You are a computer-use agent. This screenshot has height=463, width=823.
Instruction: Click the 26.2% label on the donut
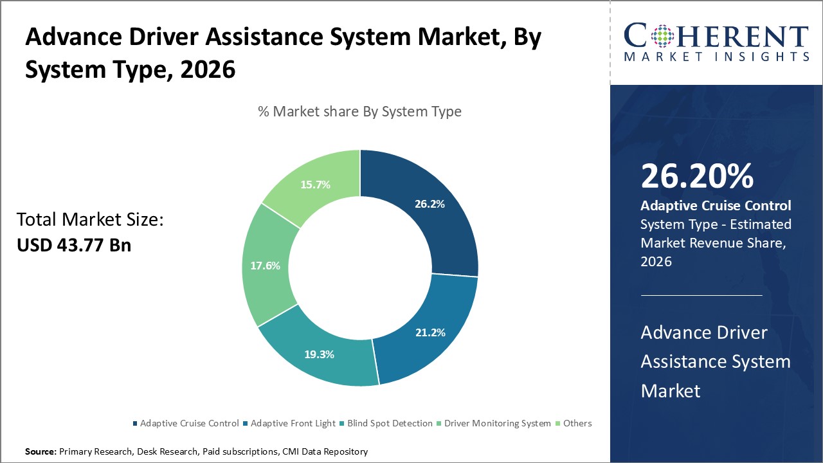tap(428, 204)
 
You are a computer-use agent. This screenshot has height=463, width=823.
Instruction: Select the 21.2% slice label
tap(429, 332)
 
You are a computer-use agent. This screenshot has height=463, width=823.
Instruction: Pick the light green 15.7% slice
tap(315, 185)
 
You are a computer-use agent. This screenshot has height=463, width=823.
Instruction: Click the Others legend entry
tap(577, 423)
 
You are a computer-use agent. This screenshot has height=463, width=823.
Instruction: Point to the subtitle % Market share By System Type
tap(359, 111)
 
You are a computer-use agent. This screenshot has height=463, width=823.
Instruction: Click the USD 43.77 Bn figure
tap(74, 245)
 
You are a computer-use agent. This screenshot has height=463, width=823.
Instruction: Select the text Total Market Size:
tap(90, 220)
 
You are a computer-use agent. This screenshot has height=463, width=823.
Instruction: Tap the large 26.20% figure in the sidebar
tap(696, 177)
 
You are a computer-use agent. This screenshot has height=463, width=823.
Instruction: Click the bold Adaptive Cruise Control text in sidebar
tap(716, 206)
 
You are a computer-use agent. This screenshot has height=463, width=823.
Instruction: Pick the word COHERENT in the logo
tap(716, 37)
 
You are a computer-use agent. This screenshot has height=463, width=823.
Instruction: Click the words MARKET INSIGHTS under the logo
tap(716, 57)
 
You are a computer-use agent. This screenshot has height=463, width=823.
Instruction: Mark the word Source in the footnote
tap(41, 451)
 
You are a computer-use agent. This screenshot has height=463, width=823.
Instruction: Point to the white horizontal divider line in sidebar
tap(701, 295)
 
